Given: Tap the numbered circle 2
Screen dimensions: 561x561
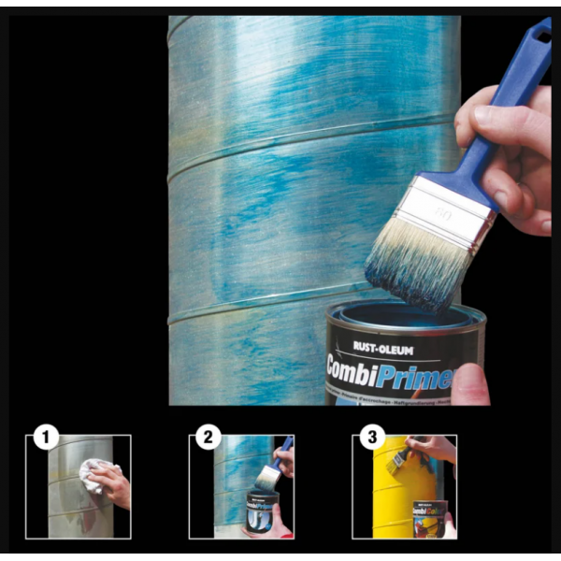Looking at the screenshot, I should click(209, 436).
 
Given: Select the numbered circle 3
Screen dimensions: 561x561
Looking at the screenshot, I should click(372, 436).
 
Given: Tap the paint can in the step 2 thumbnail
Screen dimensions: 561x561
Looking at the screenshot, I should click(260, 511).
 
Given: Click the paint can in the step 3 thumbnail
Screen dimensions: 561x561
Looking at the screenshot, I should click(430, 519).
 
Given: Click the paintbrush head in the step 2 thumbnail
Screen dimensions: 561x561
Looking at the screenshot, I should click(269, 477).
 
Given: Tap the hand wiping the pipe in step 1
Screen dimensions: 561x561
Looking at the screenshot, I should click(113, 485).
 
